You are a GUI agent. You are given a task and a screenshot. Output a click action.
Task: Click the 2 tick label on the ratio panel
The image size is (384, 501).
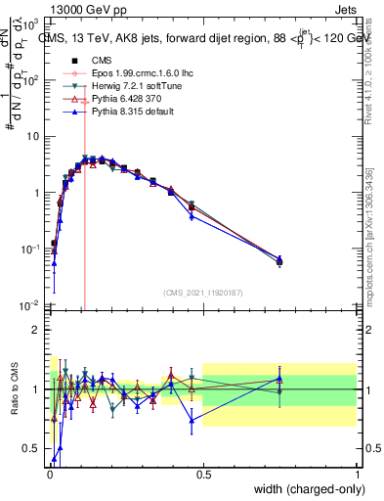[36, 330]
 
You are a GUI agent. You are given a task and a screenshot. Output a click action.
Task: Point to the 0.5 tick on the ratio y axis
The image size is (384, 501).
[32, 449]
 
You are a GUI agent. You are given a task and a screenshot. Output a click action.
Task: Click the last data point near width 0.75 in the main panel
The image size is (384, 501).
[279, 261]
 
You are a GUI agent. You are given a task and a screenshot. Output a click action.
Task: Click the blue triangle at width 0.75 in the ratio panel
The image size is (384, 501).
[279, 378]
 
